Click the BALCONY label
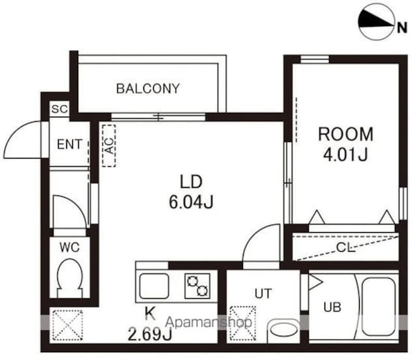pyautogui.click(x=148, y=89)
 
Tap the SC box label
pyautogui.click(x=60, y=109)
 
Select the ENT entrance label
pyautogui.click(x=69, y=144)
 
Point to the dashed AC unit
pyautogui.click(x=109, y=145)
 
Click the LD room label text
pyautogui.click(x=191, y=182)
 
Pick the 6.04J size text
pyautogui.click(x=191, y=202)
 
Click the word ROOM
pyautogui.click(x=346, y=134)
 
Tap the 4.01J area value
pyautogui.click(x=345, y=155)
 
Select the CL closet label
pyautogui.click(x=345, y=248)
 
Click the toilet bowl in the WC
pyautogui.click(x=70, y=278)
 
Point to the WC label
pyautogui.click(x=70, y=247)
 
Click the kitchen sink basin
pyautogui.click(x=154, y=286)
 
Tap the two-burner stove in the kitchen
pyautogui.click(x=197, y=286)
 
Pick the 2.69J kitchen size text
pyautogui.click(x=150, y=335)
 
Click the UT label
pyautogui.click(x=263, y=293)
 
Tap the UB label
pyautogui.click(x=332, y=307)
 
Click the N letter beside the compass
pyautogui.click(x=402, y=27)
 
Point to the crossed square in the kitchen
pyautogui.click(x=68, y=325)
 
